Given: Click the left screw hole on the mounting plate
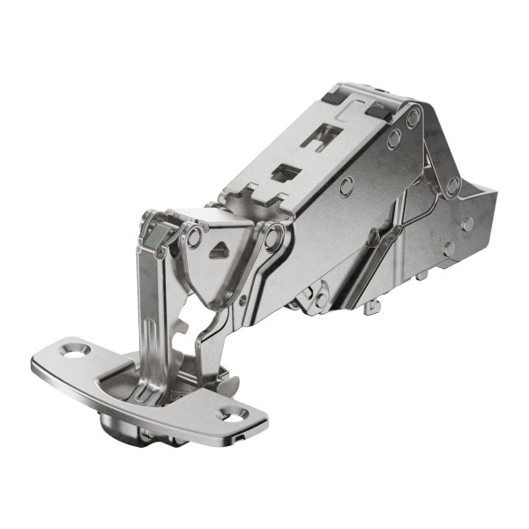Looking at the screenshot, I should (73, 351).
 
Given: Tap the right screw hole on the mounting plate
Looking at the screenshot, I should (233, 413).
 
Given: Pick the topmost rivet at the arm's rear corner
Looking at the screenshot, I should (413, 115).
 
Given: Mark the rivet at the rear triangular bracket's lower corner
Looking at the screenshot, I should (452, 186).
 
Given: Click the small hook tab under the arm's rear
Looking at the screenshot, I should (373, 306).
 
